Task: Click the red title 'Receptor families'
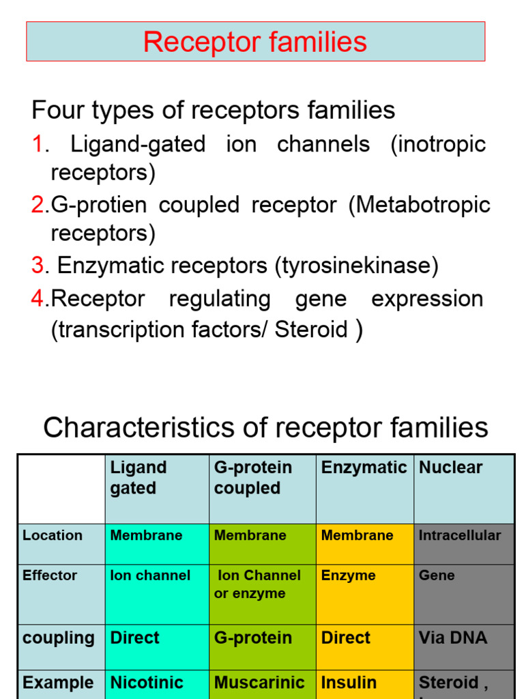pyautogui.click(x=255, y=42)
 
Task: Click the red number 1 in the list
pyautogui.click(x=38, y=145)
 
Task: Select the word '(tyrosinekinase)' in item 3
pyautogui.click(x=356, y=266)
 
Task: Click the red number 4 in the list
pyautogui.click(x=37, y=299)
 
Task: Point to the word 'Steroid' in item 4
pyautogui.click(x=311, y=330)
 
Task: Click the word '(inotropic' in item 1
pyautogui.click(x=437, y=145)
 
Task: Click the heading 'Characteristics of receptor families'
pyautogui.click(x=265, y=428)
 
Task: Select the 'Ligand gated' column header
pyautogui.click(x=138, y=478)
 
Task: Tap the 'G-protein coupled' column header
pyautogui.click(x=253, y=478)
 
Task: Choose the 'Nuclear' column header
pyautogui.click(x=450, y=468)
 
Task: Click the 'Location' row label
pyautogui.click(x=53, y=536)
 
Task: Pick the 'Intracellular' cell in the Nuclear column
pyautogui.click(x=459, y=536)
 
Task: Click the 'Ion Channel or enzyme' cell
pyautogui.click(x=258, y=584)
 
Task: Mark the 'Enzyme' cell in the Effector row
pyautogui.click(x=349, y=575)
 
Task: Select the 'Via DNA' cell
pyautogui.click(x=452, y=638)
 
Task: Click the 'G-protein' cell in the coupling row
pyautogui.click(x=253, y=638)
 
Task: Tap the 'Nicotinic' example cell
pyautogui.click(x=147, y=683)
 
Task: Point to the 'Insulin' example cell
pyautogui.click(x=349, y=683)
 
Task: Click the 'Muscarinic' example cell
pyautogui.click(x=259, y=683)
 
